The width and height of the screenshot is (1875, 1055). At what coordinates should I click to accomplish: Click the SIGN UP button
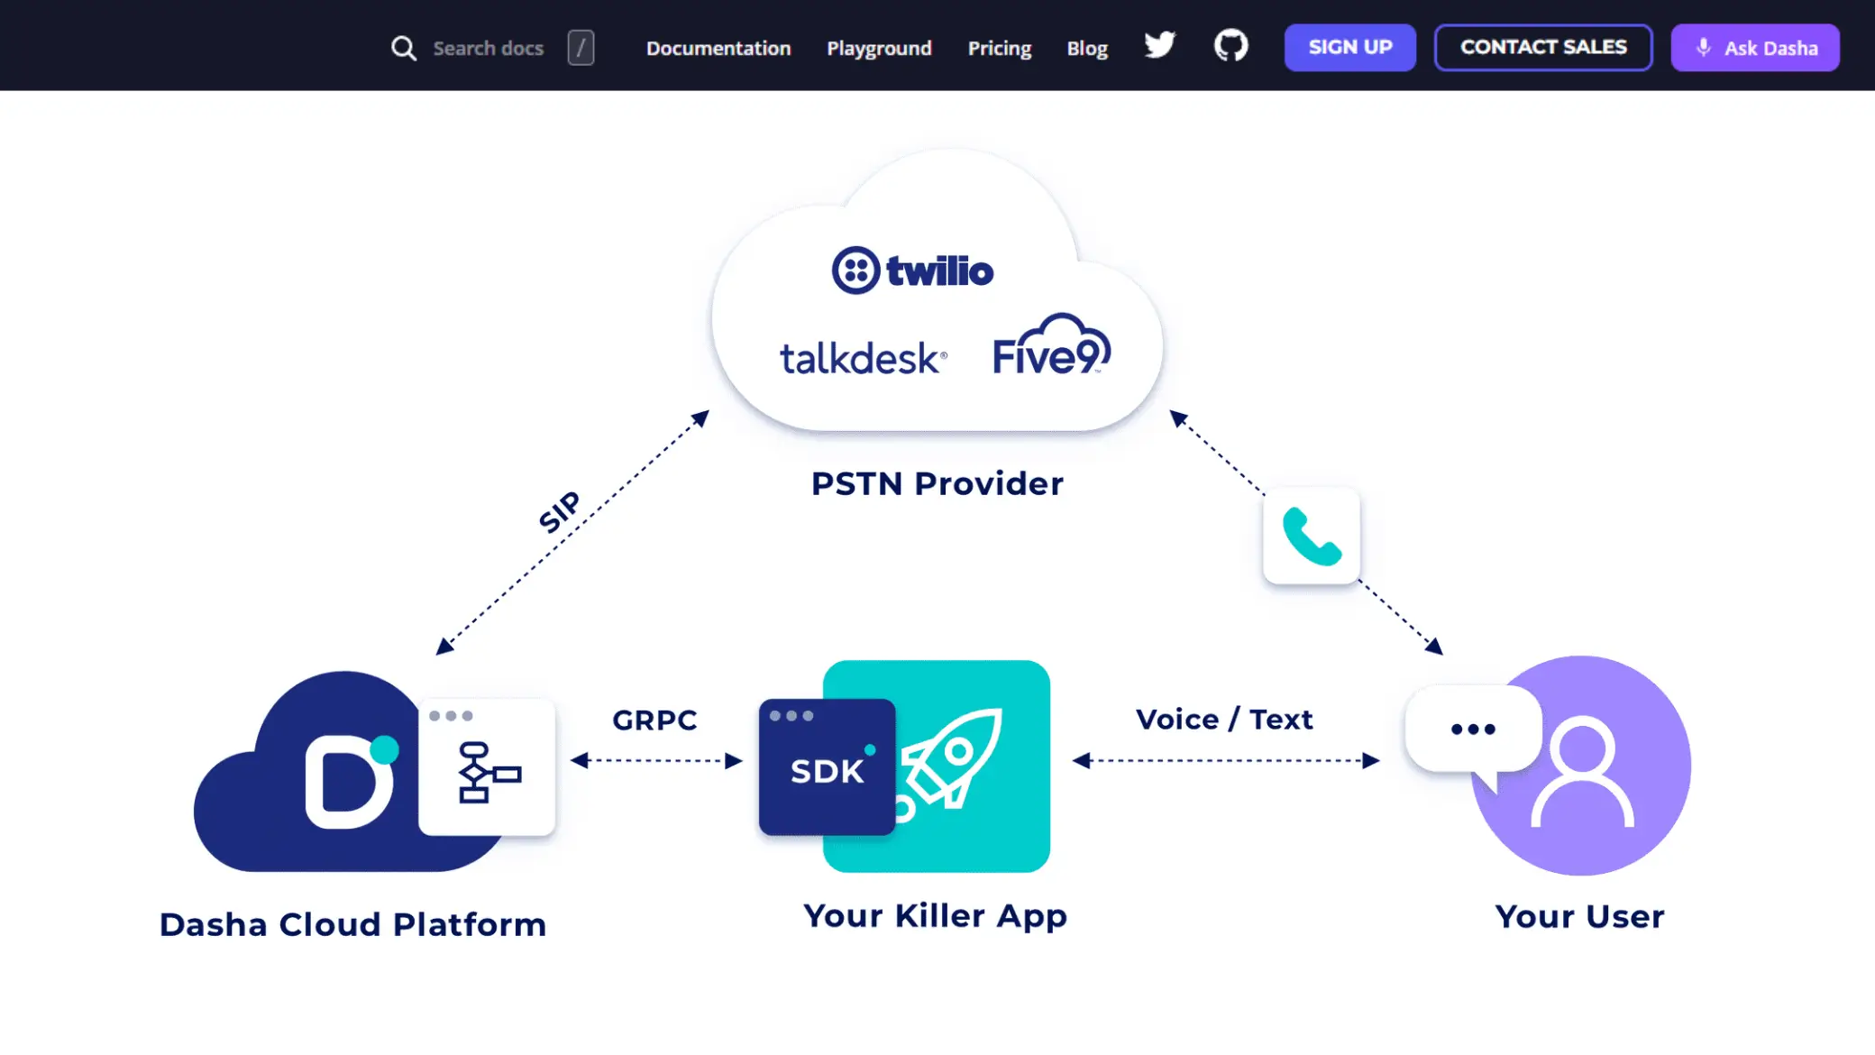pos(1349,48)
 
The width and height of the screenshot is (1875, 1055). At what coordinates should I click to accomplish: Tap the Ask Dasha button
pos(1754,48)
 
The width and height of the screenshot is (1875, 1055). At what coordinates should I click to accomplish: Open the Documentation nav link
pos(718,49)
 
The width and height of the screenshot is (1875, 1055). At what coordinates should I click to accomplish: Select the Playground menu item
pos(879,49)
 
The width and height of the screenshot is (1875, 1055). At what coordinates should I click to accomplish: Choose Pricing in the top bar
pos(999,49)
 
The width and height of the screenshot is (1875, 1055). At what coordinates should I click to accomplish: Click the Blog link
pos(1087,49)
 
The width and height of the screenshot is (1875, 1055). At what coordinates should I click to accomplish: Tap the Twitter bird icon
pos(1159,45)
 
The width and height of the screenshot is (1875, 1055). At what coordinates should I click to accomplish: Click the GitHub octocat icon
pos(1230,45)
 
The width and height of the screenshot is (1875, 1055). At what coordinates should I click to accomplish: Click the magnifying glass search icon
pos(403,49)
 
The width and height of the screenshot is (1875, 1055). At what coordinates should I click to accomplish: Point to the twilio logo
pos(912,271)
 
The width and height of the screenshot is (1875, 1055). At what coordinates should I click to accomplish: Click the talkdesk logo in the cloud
pos(863,359)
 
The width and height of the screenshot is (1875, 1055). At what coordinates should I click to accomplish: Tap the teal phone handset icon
pos(1312,537)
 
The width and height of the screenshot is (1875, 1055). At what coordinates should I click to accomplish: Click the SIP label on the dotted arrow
pos(560,512)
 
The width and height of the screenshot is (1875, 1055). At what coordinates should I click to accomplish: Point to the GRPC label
pos(654,720)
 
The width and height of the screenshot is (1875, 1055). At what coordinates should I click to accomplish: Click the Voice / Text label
pos(1224,720)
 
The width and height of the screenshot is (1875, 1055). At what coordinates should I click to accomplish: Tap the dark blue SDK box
pos(827,767)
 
